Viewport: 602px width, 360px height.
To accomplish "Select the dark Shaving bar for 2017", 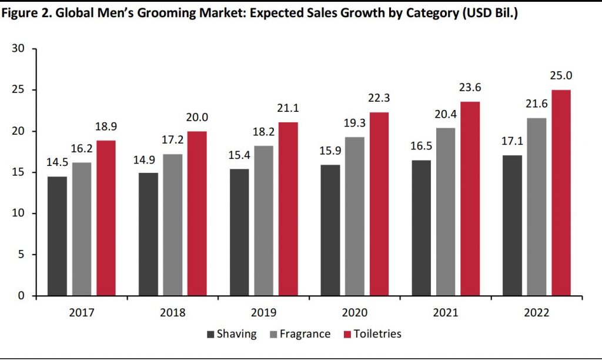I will point(57,236).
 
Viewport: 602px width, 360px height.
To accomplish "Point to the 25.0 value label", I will point(560,76).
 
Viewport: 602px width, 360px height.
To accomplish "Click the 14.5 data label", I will point(57,163).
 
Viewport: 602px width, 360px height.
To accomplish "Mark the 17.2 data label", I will point(172,141).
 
